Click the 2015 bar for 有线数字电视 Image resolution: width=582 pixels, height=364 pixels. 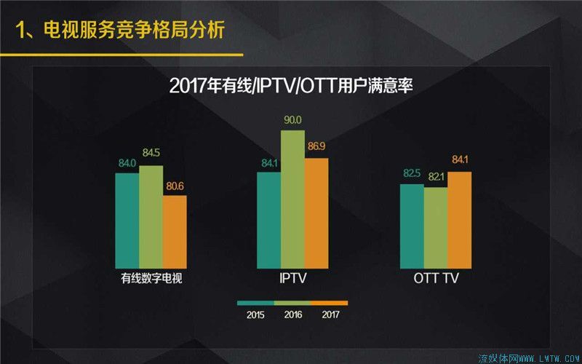pyautogui.click(x=127, y=221)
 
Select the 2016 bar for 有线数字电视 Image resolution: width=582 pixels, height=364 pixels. pyautogui.click(x=151, y=217)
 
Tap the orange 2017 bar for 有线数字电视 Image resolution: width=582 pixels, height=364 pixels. pyautogui.click(x=175, y=232)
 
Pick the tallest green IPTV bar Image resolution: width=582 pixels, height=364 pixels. pyautogui.click(x=292, y=199)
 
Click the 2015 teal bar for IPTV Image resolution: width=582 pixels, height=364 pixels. pyautogui.click(x=268, y=221)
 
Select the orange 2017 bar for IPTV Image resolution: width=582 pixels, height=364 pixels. pyautogui.click(x=316, y=213)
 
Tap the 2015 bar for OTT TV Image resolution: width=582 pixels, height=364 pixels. pyautogui.click(x=412, y=226)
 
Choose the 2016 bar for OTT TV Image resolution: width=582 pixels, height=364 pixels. pyautogui.click(x=436, y=227)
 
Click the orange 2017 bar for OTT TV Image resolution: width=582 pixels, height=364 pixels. pyautogui.click(x=460, y=220)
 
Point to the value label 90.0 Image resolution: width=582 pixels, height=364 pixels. pyautogui.click(x=292, y=120)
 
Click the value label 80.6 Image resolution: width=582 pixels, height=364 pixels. pyautogui.click(x=175, y=186)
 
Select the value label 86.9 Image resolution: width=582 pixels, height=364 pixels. pyautogui.click(x=316, y=147)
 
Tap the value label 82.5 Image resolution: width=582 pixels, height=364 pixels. pyautogui.click(x=412, y=173)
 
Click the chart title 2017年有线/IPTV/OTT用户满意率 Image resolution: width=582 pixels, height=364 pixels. pyautogui.click(x=291, y=85)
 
